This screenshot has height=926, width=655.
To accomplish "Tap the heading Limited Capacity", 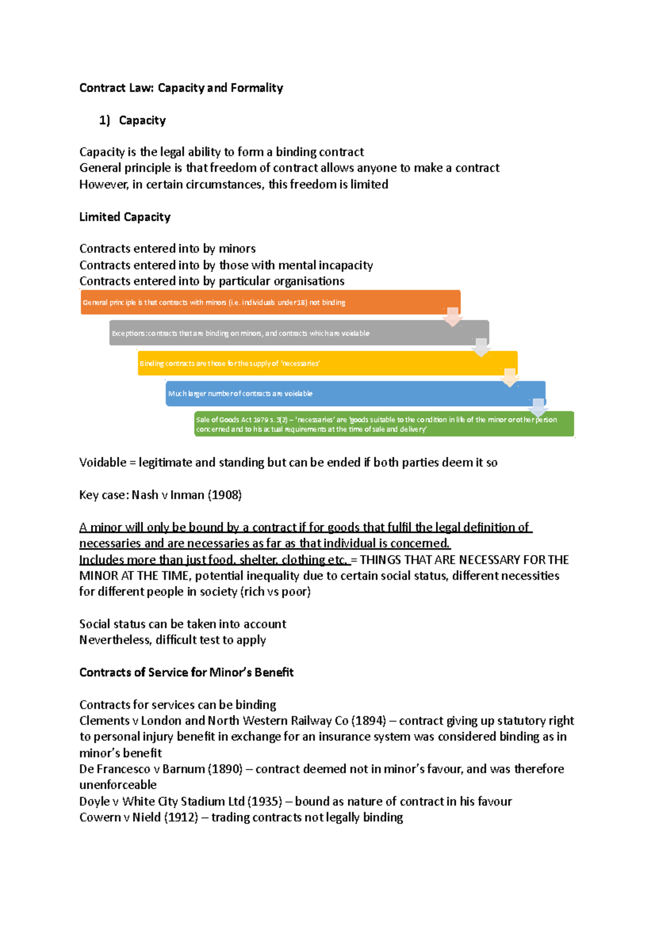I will [x=124, y=217].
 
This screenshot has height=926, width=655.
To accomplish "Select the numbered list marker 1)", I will [x=104, y=121].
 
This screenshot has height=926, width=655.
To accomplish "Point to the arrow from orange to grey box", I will [x=452, y=317].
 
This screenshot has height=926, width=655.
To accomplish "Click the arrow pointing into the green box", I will [x=538, y=407].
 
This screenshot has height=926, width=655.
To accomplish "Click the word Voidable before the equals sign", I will [x=103, y=462].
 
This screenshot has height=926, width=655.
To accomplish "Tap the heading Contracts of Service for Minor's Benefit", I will [x=186, y=672].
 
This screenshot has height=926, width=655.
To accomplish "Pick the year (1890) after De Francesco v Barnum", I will [x=225, y=769].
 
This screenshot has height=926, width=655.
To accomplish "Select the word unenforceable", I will [x=118, y=785].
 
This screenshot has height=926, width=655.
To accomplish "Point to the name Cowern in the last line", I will [x=98, y=817].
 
